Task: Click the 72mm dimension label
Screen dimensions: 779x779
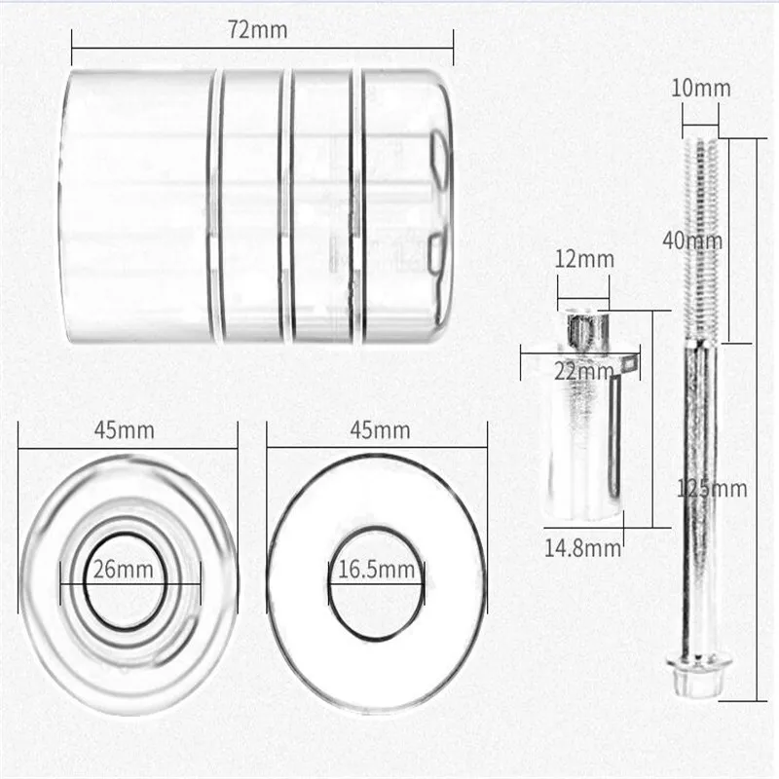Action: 258,30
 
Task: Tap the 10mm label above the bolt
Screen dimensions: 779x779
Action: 701,89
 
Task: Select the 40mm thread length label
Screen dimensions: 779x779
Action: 692,241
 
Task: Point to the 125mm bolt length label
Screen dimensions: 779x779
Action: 712,490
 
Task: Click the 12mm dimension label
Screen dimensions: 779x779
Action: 584,259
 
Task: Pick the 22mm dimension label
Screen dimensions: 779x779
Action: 584,371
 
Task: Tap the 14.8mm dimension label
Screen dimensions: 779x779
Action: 582,548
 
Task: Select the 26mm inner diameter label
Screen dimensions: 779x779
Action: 124,570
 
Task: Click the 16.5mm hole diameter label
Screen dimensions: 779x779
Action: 376,570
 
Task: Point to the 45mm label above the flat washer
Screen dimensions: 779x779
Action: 380,430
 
